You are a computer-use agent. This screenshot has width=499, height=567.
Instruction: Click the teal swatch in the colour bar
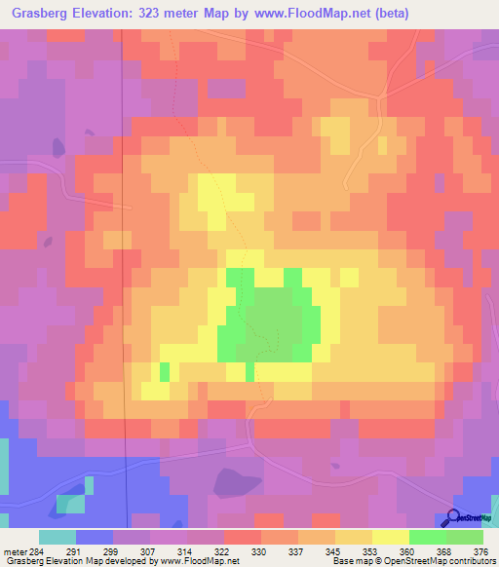[58, 537]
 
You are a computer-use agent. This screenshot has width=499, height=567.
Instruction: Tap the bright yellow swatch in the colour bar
[390, 537]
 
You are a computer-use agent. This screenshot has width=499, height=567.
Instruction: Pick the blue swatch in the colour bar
[95, 537]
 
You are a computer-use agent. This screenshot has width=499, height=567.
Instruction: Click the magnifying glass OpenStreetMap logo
[453, 517]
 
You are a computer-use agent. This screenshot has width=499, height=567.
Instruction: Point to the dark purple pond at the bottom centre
[236, 481]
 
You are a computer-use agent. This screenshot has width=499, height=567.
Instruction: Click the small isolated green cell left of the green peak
[164, 371]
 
